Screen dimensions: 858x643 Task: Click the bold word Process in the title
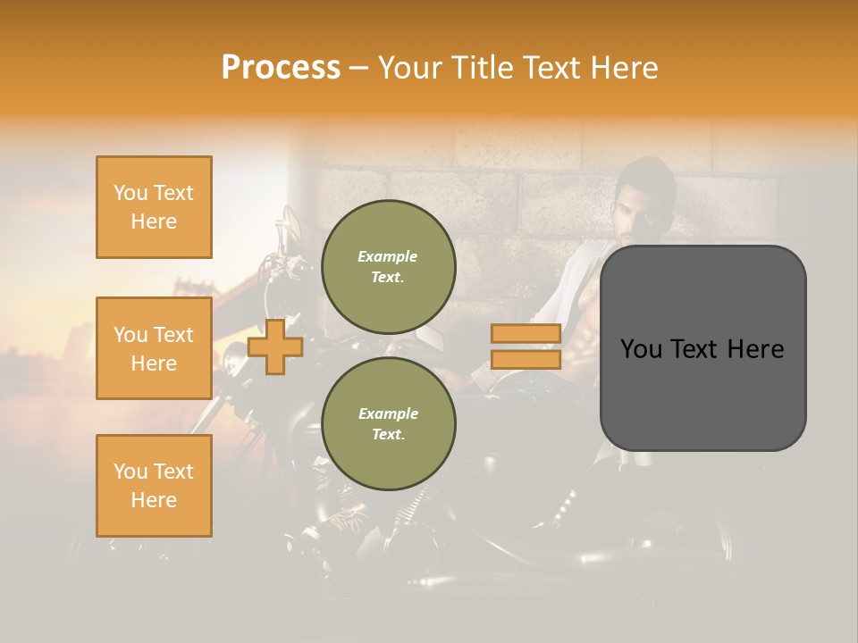[281, 68]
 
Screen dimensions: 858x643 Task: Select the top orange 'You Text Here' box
[154, 207]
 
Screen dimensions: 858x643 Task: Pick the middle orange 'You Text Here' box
[154, 348]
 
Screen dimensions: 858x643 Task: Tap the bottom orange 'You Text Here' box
[154, 486]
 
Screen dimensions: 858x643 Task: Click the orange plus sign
[275, 347]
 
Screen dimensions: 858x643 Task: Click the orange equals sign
[526, 347]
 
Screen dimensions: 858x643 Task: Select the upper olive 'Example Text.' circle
[388, 266]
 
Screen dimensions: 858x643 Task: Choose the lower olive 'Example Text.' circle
[388, 423]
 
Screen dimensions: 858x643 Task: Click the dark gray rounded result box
[702, 347]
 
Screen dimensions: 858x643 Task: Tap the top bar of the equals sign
[526, 334]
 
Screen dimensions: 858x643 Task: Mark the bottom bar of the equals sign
[526, 359]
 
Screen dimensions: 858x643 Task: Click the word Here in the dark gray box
[755, 349]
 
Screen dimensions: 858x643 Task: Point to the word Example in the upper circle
[388, 256]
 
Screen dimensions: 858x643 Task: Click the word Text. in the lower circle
[388, 434]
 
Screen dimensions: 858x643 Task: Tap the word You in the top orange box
[130, 193]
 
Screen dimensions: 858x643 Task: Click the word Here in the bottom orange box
[154, 500]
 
